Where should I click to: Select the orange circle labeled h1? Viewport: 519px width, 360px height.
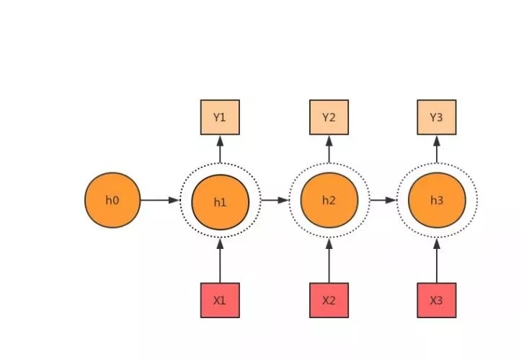(x=220, y=202)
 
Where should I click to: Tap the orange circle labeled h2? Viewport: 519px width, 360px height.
(x=329, y=200)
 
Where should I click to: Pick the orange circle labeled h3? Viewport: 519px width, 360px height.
(x=437, y=200)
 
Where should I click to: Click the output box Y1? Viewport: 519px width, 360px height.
(x=220, y=118)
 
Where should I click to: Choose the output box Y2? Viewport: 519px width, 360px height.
(x=329, y=118)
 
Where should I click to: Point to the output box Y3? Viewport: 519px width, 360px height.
(x=437, y=118)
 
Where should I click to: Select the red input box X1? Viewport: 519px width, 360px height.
(x=220, y=300)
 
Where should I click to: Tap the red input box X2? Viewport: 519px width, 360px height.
(x=329, y=300)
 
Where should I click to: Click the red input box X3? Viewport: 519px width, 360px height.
(x=437, y=300)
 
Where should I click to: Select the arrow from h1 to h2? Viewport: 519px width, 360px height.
(x=274, y=200)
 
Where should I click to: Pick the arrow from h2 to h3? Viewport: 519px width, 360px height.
(x=383, y=200)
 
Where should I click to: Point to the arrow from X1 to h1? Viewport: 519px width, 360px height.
(x=220, y=260)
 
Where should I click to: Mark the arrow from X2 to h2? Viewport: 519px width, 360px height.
(x=329, y=260)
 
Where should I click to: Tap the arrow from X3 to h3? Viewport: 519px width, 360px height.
(x=437, y=260)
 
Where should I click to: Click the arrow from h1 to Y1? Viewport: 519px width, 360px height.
(x=220, y=150)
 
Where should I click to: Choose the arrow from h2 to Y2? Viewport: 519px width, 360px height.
(x=329, y=150)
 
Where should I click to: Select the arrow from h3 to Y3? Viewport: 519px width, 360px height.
(x=437, y=150)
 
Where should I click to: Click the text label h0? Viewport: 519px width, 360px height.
(x=112, y=200)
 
